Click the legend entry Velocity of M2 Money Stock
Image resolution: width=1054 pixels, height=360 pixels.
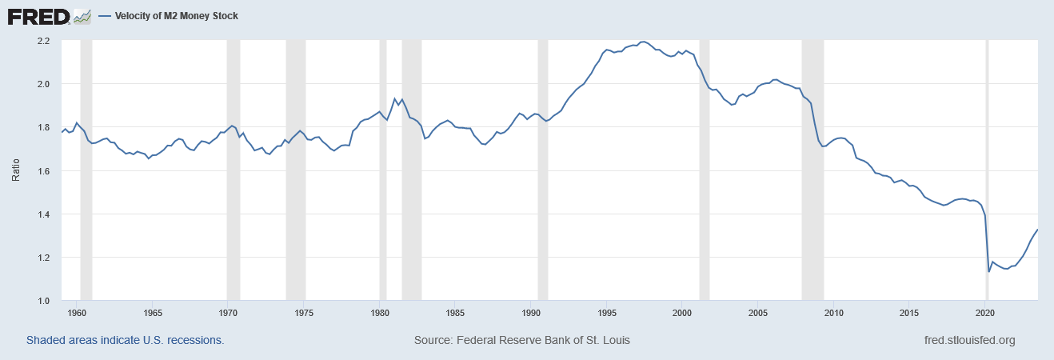[x=169, y=16]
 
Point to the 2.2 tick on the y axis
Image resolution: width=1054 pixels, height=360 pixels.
[x=43, y=40]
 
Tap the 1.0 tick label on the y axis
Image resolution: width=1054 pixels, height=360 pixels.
[x=43, y=301]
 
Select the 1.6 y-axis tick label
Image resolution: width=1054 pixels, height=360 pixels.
[x=43, y=170]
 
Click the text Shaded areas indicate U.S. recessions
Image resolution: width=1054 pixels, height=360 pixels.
[x=125, y=340]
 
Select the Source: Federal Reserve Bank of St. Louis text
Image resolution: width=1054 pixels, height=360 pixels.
[x=522, y=340]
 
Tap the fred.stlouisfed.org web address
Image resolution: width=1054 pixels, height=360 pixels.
[x=969, y=340]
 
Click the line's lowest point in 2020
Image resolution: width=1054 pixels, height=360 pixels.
[x=989, y=271]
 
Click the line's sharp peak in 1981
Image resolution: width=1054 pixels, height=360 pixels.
[x=394, y=99]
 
